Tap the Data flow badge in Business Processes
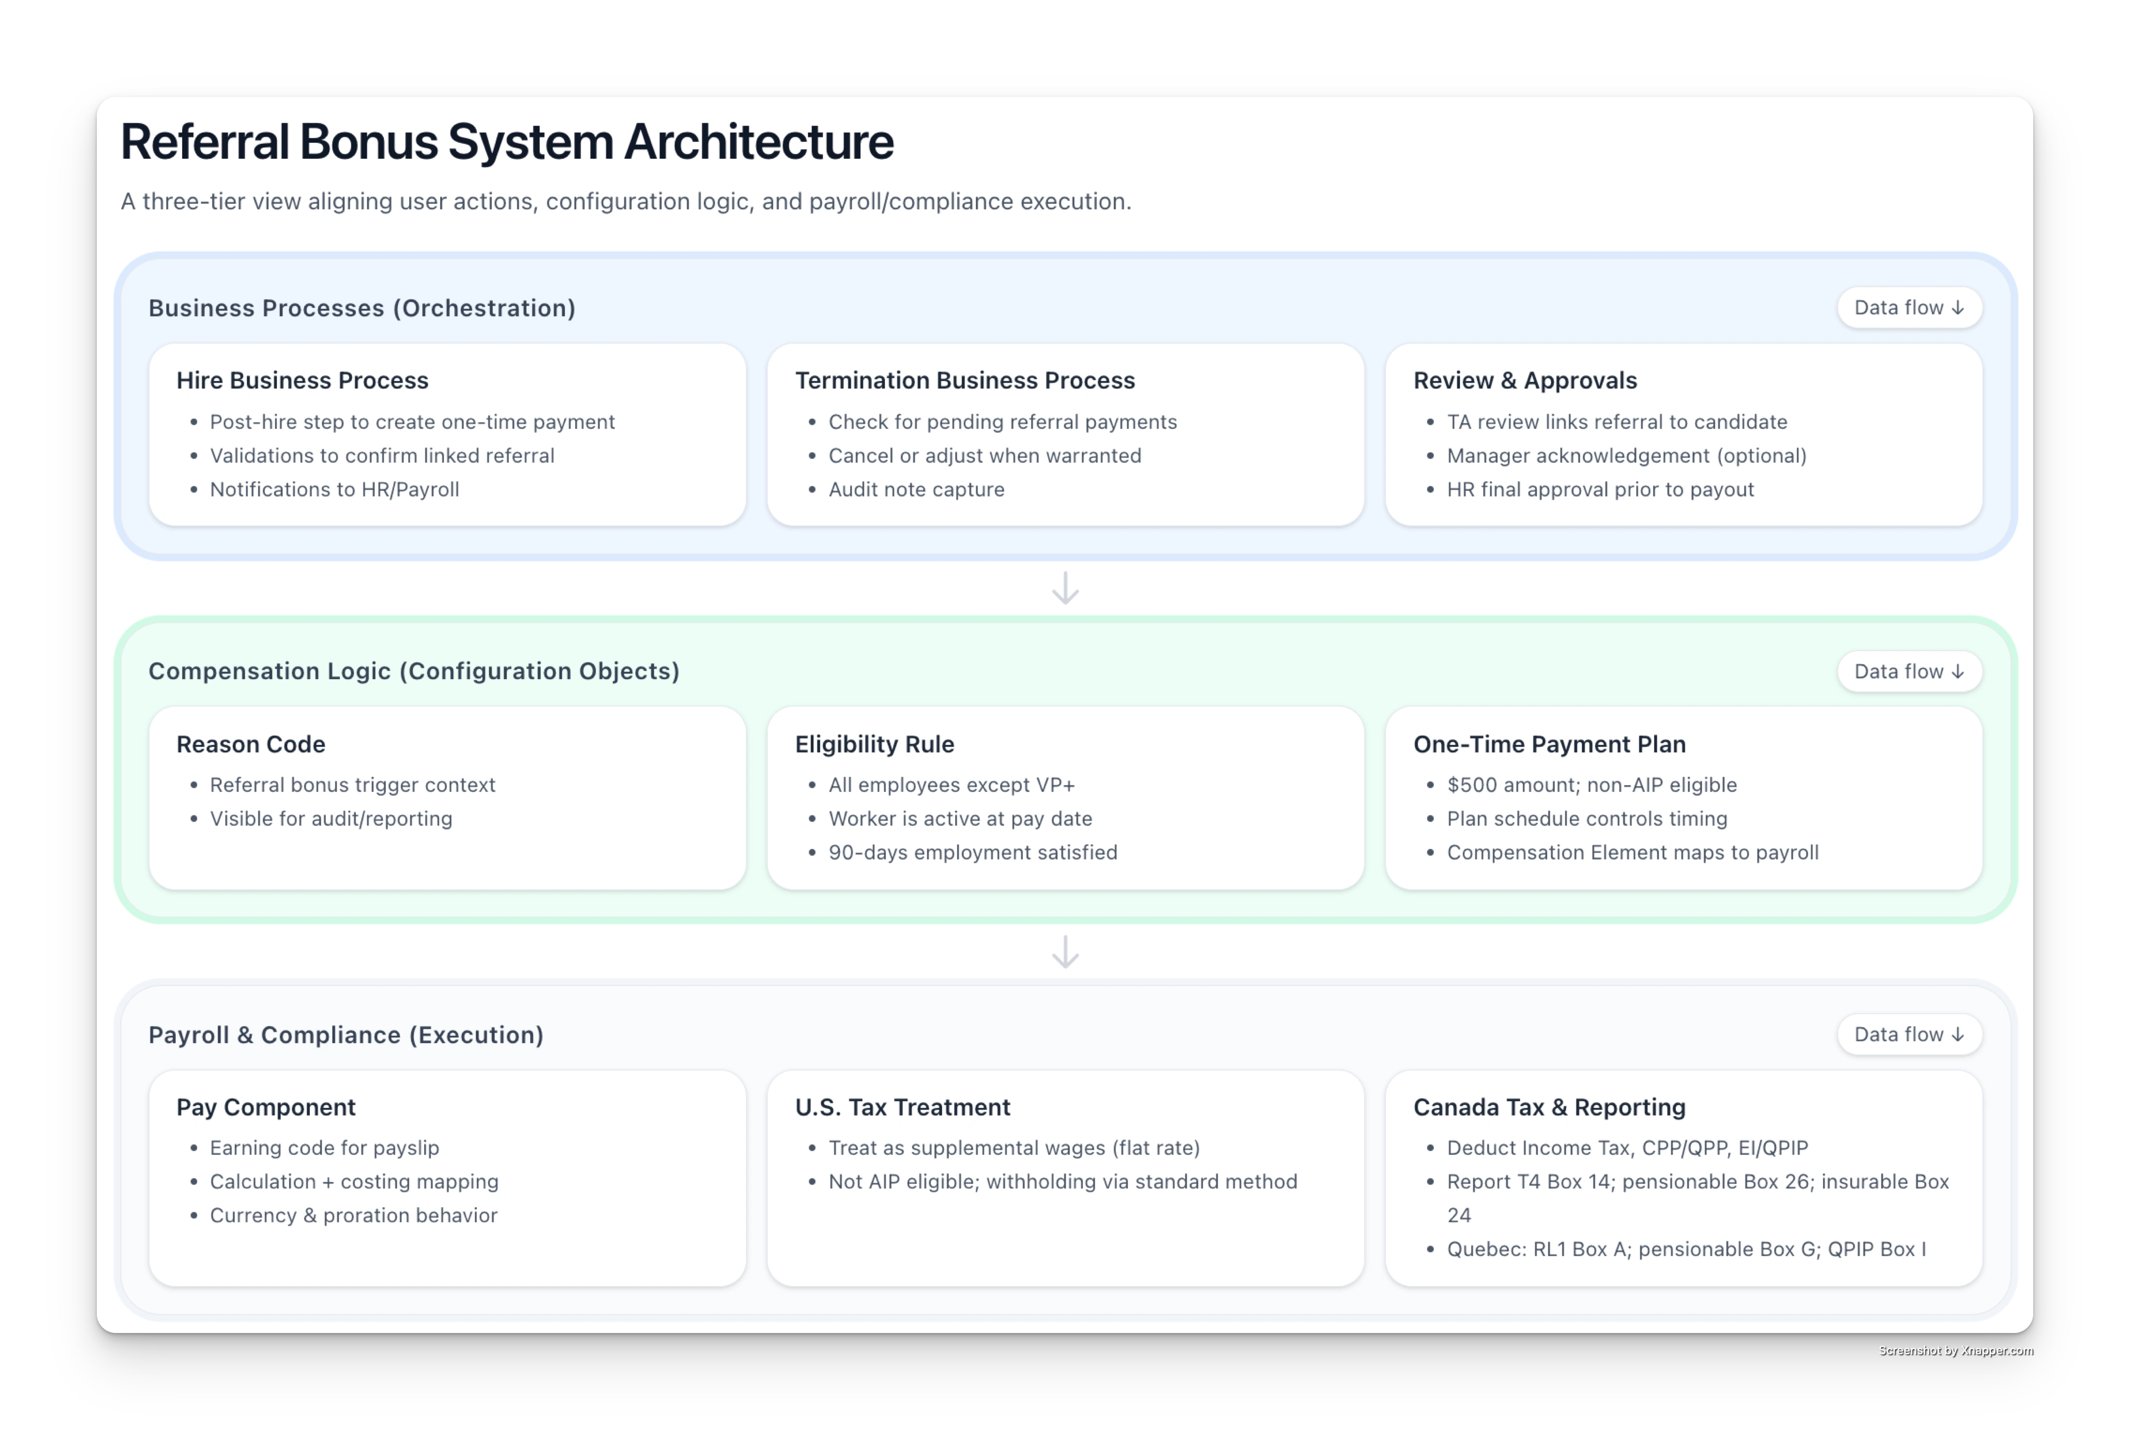[x=1909, y=308]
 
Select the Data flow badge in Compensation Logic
[x=1909, y=671]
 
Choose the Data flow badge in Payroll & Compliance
[x=1909, y=1034]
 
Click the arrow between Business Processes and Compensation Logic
[x=1065, y=587]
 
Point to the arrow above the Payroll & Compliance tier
[x=1065, y=952]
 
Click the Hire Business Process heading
[x=303, y=380]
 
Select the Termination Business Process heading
[x=965, y=380]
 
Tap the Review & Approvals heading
[x=1525, y=380]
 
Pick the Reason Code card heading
[x=251, y=744]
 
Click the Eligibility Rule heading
[x=874, y=744]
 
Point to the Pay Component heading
[x=266, y=1107]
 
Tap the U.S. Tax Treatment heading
[x=903, y=1107]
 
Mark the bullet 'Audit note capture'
[x=916, y=489]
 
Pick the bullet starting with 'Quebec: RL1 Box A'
[x=1687, y=1249]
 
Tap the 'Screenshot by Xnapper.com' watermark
[x=1955, y=1349]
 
